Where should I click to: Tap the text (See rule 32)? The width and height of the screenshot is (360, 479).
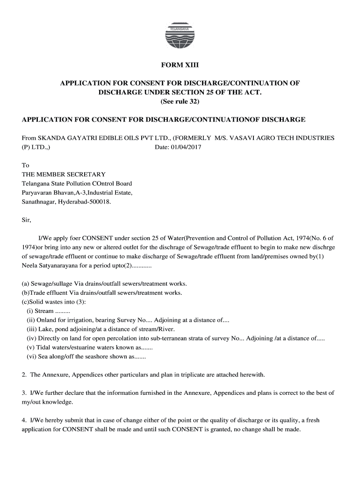pyautogui.click(x=180, y=102)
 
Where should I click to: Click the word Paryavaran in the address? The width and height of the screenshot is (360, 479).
pyautogui.click(x=37, y=193)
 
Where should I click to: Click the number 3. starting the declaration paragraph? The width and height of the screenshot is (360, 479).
pyautogui.click(x=24, y=393)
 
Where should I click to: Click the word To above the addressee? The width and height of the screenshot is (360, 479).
pyautogui.click(x=26, y=166)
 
